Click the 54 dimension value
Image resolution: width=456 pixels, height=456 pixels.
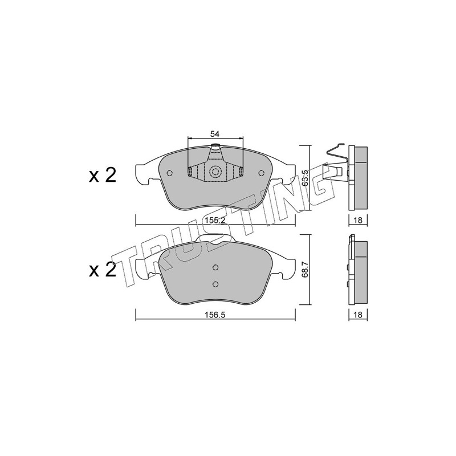(215, 134)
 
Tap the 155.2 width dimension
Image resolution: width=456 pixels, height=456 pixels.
(215, 220)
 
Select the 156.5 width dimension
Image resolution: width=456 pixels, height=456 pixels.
(215, 315)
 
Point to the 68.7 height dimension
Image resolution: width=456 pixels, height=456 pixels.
(305, 270)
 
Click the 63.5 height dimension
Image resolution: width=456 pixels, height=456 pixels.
(305, 180)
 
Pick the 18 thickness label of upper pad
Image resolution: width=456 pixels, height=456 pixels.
(358, 220)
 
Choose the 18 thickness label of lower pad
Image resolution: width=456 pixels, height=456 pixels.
(358, 315)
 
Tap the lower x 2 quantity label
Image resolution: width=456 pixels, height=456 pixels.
(103, 269)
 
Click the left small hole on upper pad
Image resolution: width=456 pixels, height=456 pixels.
(169, 173)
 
